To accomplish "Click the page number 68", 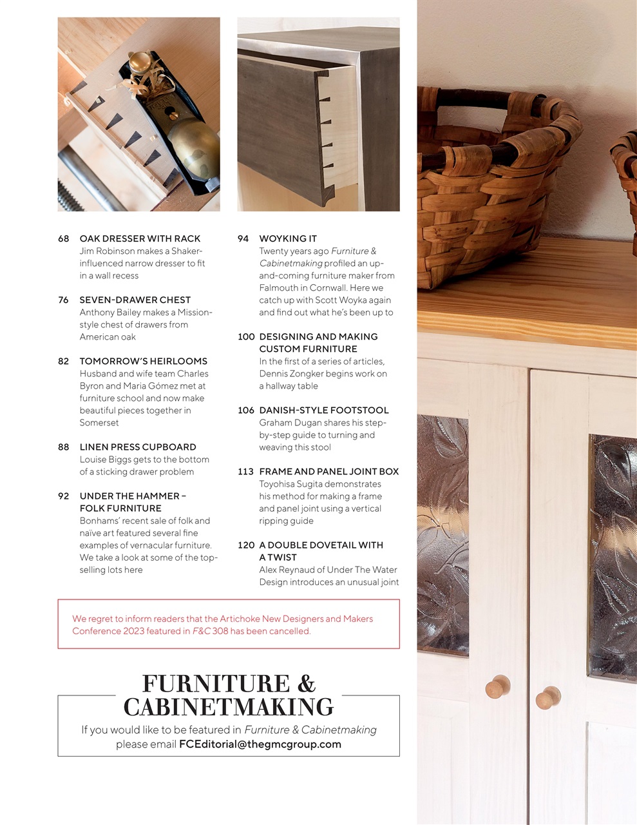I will click(x=63, y=238).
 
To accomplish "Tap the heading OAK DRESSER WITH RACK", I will click(x=140, y=238).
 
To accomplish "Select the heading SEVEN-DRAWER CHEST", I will click(x=135, y=300).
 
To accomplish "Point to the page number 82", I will click(x=63, y=361).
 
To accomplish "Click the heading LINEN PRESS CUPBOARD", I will click(x=138, y=447).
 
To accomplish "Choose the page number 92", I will click(x=63, y=496).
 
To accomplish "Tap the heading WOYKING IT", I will click(x=288, y=238).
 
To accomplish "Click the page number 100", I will click(x=246, y=336).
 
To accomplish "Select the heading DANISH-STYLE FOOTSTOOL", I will click(x=324, y=410).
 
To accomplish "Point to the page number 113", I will click(x=246, y=471).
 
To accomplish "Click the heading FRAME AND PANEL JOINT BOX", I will click(x=329, y=471).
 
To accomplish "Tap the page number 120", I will click(x=246, y=545).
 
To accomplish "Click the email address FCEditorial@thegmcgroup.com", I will click(x=260, y=744).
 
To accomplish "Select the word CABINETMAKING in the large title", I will click(x=229, y=707).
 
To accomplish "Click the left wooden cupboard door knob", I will click(x=497, y=687).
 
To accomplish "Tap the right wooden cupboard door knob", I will click(x=547, y=697).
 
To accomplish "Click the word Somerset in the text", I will click(x=99, y=423).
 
